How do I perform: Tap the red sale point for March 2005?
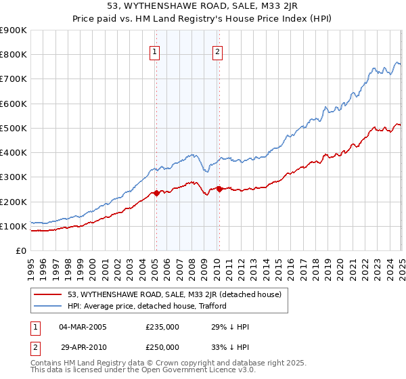[x=156, y=193]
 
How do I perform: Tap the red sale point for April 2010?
[x=219, y=189]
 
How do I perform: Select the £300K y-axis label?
[x=14, y=177]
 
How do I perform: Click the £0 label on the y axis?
[x=22, y=250]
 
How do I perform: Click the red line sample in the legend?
[x=48, y=294]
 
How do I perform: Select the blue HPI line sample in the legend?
[x=48, y=306]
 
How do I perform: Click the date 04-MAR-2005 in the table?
[x=83, y=327]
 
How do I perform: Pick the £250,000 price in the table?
[x=162, y=347]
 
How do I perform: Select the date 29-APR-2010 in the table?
[x=82, y=347]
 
